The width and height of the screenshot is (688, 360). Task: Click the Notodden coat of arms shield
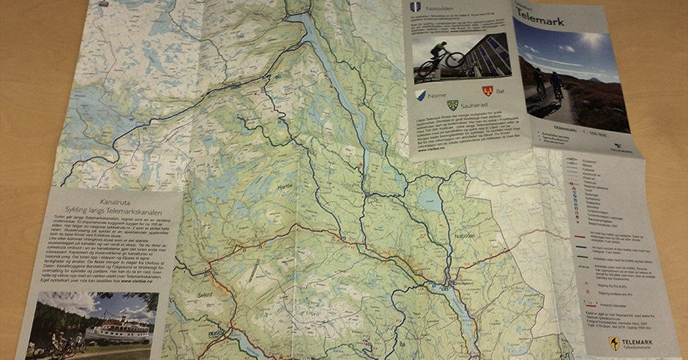tap(415, 7)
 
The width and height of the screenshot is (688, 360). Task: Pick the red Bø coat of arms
tap(487, 90)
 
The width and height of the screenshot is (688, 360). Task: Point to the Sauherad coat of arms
tap(453, 105)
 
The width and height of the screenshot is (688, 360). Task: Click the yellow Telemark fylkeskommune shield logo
tap(614, 343)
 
